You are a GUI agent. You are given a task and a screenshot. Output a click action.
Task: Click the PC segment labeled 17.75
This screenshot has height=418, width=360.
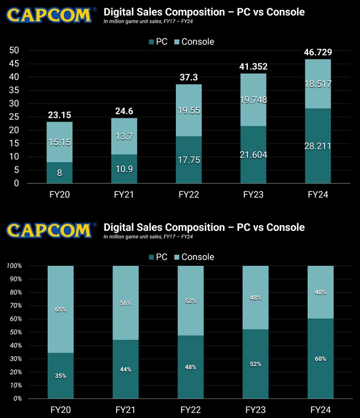tap(189, 159)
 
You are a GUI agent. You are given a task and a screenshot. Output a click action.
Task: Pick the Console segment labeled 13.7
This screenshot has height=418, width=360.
tap(124, 136)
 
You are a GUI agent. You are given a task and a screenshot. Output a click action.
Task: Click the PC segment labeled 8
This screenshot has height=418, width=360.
tap(60, 173)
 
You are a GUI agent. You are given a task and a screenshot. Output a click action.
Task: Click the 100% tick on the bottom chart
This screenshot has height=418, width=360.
tap(14, 266)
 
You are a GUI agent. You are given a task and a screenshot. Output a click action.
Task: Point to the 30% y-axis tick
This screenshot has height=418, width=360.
tap(15, 358)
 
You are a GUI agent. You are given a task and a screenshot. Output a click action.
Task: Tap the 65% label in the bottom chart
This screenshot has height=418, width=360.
tap(60, 310)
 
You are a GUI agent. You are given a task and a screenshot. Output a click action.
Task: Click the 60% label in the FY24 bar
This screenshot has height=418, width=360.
tap(320, 359)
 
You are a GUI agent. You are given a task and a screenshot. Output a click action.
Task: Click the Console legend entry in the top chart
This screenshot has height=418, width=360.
tap(192, 41)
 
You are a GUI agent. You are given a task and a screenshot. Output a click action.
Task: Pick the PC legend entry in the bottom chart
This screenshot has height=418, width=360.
tap(157, 257)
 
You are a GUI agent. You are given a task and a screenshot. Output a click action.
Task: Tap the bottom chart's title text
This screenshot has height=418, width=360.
tap(204, 227)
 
